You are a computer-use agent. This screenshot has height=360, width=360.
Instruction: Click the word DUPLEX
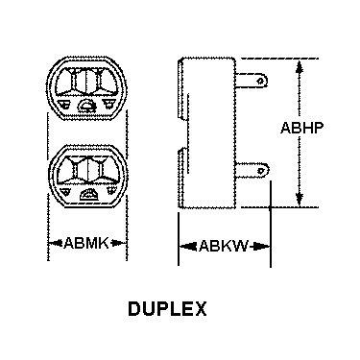[167, 309]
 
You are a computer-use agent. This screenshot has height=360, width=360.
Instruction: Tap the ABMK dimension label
[86, 243]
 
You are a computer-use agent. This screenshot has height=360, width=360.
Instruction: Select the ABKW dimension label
[224, 246]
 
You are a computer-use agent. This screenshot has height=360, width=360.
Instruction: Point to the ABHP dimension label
[301, 128]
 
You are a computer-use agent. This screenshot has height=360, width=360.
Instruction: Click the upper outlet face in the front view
[86, 88]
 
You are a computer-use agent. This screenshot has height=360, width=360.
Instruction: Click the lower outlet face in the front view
[88, 177]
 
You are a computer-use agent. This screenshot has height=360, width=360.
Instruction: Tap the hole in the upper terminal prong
[261, 80]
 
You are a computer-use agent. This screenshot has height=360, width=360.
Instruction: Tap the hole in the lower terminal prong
[262, 169]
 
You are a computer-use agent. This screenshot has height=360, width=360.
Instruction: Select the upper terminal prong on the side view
[252, 80]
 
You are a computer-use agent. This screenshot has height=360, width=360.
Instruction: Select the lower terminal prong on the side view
[252, 169]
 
